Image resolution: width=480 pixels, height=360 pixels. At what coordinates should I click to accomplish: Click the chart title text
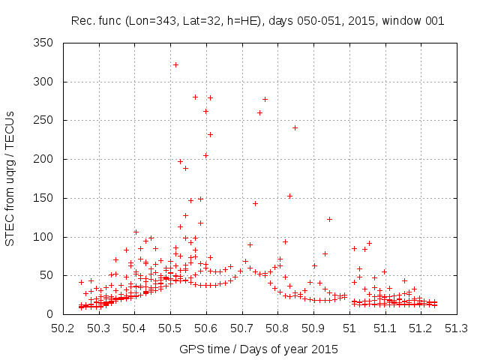257,21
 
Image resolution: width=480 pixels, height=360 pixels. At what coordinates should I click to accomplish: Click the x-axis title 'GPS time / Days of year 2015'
258,349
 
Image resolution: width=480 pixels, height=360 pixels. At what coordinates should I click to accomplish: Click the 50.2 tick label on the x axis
63,328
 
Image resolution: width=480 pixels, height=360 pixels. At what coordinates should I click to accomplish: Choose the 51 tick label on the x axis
349,328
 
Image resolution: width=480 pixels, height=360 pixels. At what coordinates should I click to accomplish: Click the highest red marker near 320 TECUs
175,64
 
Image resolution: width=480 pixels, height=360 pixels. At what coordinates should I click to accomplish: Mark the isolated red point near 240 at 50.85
295,127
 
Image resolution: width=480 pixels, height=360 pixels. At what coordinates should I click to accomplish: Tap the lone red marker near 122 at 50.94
329,219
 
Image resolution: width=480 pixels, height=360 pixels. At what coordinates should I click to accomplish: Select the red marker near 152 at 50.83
289,196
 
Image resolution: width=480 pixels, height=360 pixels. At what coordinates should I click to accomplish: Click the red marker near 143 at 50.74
255,203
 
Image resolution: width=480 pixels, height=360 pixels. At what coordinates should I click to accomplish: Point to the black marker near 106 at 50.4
136,232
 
